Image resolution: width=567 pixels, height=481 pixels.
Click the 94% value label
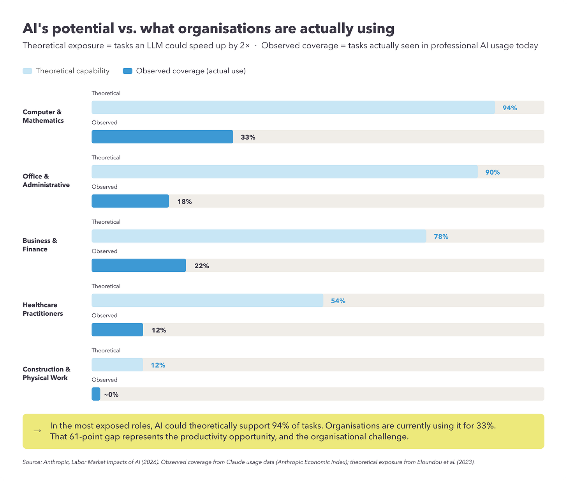509,108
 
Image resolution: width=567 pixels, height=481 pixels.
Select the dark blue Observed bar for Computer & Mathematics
162,137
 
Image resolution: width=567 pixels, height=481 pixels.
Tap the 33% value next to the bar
248,137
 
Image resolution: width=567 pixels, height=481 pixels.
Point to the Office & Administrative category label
46,180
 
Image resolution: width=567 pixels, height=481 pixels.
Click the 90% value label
492,172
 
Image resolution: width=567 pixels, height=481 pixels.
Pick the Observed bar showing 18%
130,201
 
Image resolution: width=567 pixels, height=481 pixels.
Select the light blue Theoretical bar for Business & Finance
259,236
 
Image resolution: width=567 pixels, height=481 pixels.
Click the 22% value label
202,266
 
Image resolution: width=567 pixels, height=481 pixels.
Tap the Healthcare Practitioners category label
42,309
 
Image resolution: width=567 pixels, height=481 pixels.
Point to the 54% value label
338,301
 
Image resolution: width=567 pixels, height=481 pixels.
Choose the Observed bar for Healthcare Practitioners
117,330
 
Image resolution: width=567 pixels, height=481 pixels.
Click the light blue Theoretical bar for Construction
117,365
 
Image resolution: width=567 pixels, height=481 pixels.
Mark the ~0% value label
111,394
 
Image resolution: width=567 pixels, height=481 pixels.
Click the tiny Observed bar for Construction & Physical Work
96,394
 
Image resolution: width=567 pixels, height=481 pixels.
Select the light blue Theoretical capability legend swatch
27,71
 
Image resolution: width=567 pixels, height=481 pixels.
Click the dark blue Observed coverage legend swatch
127,71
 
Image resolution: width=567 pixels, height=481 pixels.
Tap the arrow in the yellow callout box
37,431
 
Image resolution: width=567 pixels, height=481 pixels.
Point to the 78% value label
441,237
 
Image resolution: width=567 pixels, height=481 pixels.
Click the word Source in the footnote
32,462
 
